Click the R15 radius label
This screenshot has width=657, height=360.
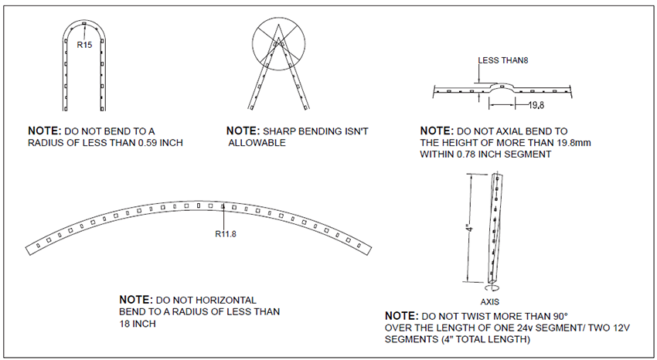click(84, 46)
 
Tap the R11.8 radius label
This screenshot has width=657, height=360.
click(225, 233)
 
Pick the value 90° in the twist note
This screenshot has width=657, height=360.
click(556, 317)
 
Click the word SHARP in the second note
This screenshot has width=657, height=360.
click(281, 131)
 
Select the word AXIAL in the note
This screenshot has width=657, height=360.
click(511, 131)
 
